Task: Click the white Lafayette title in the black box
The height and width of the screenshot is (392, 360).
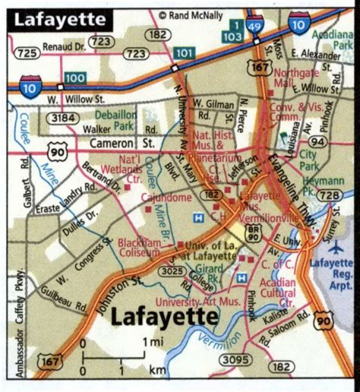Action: coord(59,20)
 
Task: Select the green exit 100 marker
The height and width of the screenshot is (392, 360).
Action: coord(74,78)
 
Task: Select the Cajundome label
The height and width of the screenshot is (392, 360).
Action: coord(166,198)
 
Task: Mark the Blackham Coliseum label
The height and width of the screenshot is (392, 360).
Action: coord(139,247)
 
